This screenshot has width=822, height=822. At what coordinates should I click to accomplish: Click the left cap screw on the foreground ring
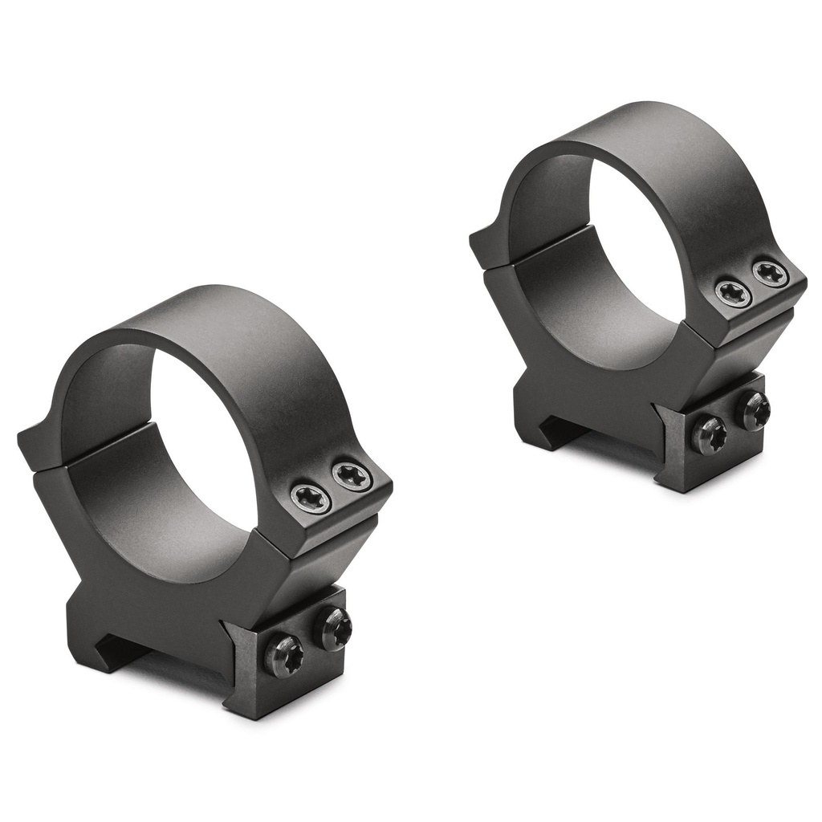(311, 498)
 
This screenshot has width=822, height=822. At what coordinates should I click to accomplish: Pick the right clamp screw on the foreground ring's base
(336, 627)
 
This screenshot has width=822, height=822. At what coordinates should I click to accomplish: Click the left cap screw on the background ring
(732, 293)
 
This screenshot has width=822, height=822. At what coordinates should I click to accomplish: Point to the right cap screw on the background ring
(771, 273)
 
